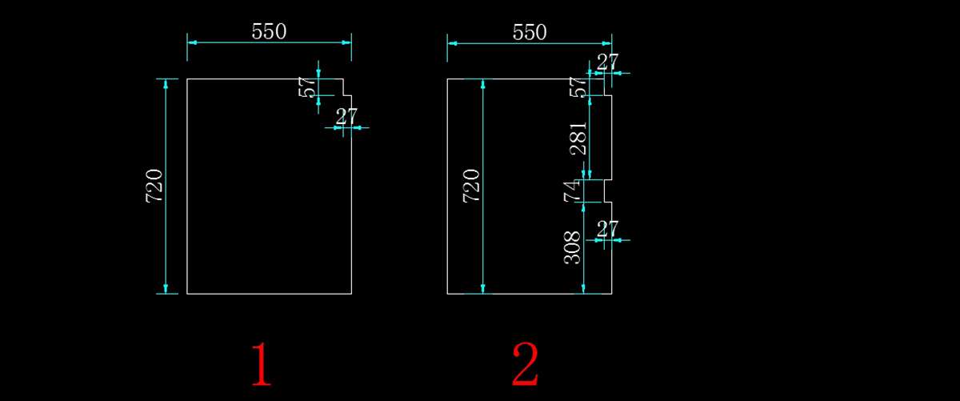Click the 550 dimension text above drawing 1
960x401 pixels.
click(x=269, y=31)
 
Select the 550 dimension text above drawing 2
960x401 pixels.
click(x=529, y=31)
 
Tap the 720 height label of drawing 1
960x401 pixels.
click(x=154, y=186)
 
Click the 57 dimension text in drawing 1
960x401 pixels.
click(x=307, y=87)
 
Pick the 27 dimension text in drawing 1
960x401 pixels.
click(x=346, y=116)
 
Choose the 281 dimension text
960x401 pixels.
click(x=577, y=138)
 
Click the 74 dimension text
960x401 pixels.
click(x=571, y=191)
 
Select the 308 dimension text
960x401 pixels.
click(x=573, y=248)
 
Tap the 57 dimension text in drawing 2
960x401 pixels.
click(x=577, y=87)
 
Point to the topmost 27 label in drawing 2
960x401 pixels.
click(x=608, y=62)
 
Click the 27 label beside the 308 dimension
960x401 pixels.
click(x=608, y=228)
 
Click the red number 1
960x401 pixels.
click(x=262, y=364)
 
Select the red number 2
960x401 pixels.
click(x=526, y=364)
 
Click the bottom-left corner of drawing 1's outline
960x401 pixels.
click(x=187, y=294)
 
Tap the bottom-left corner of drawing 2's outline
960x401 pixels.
click(x=447, y=294)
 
